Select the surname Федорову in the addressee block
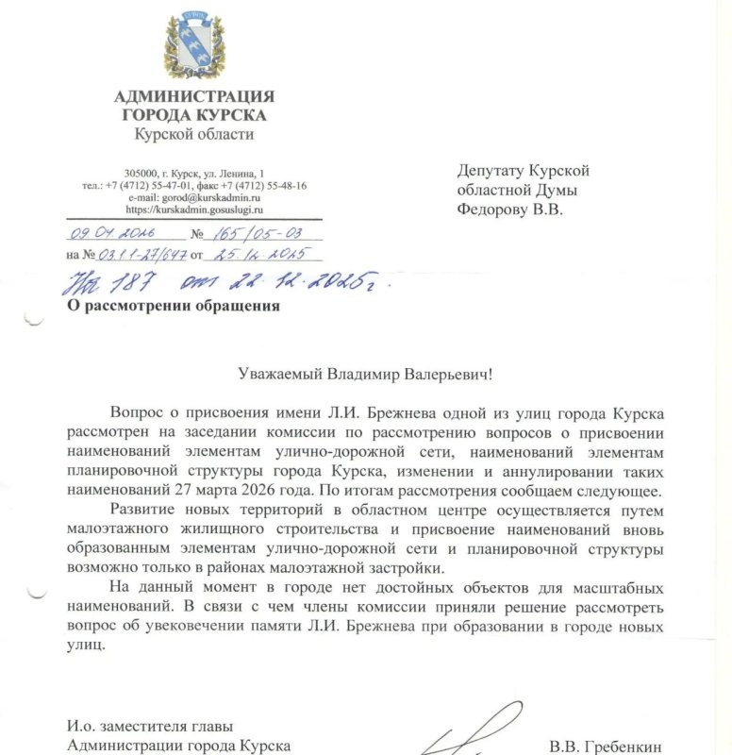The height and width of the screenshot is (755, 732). click(x=493, y=209)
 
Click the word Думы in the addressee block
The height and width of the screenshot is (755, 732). click(x=567, y=190)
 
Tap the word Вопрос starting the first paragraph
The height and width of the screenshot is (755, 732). click(x=138, y=415)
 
